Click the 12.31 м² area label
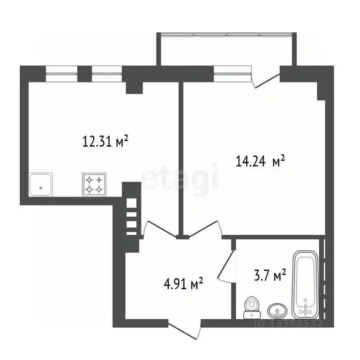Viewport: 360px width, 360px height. click(105, 141)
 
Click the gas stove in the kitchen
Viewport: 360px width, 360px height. click(94, 184)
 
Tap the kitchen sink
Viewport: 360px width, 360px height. click(41, 185)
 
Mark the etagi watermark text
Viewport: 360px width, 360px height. click(180, 178)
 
